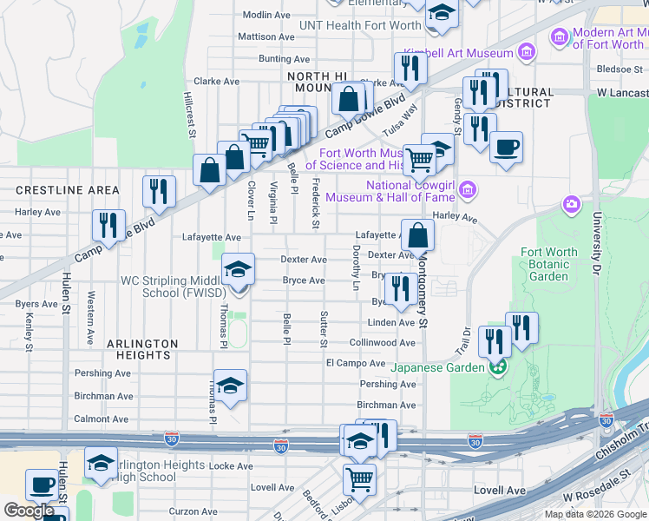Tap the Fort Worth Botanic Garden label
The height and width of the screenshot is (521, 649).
[548, 264]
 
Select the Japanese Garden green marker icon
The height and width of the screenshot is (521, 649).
[497, 367]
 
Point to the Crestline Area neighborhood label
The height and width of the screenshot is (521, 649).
[68, 190]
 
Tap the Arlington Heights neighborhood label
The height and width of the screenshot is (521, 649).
[142, 349]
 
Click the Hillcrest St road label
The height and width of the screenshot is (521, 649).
[189, 114]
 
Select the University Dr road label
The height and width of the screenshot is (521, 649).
[597, 239]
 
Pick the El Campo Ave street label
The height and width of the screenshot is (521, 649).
[355, 363]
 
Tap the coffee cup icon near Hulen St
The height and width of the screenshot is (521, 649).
[41, 485]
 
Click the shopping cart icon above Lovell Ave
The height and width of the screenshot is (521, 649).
[359, 478]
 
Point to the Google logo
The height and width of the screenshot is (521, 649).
[29, 511]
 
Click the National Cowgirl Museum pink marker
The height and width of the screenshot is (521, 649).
[469, 188]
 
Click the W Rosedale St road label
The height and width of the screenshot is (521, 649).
[597, 487]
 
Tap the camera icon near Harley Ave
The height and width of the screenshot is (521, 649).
[571, 204]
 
